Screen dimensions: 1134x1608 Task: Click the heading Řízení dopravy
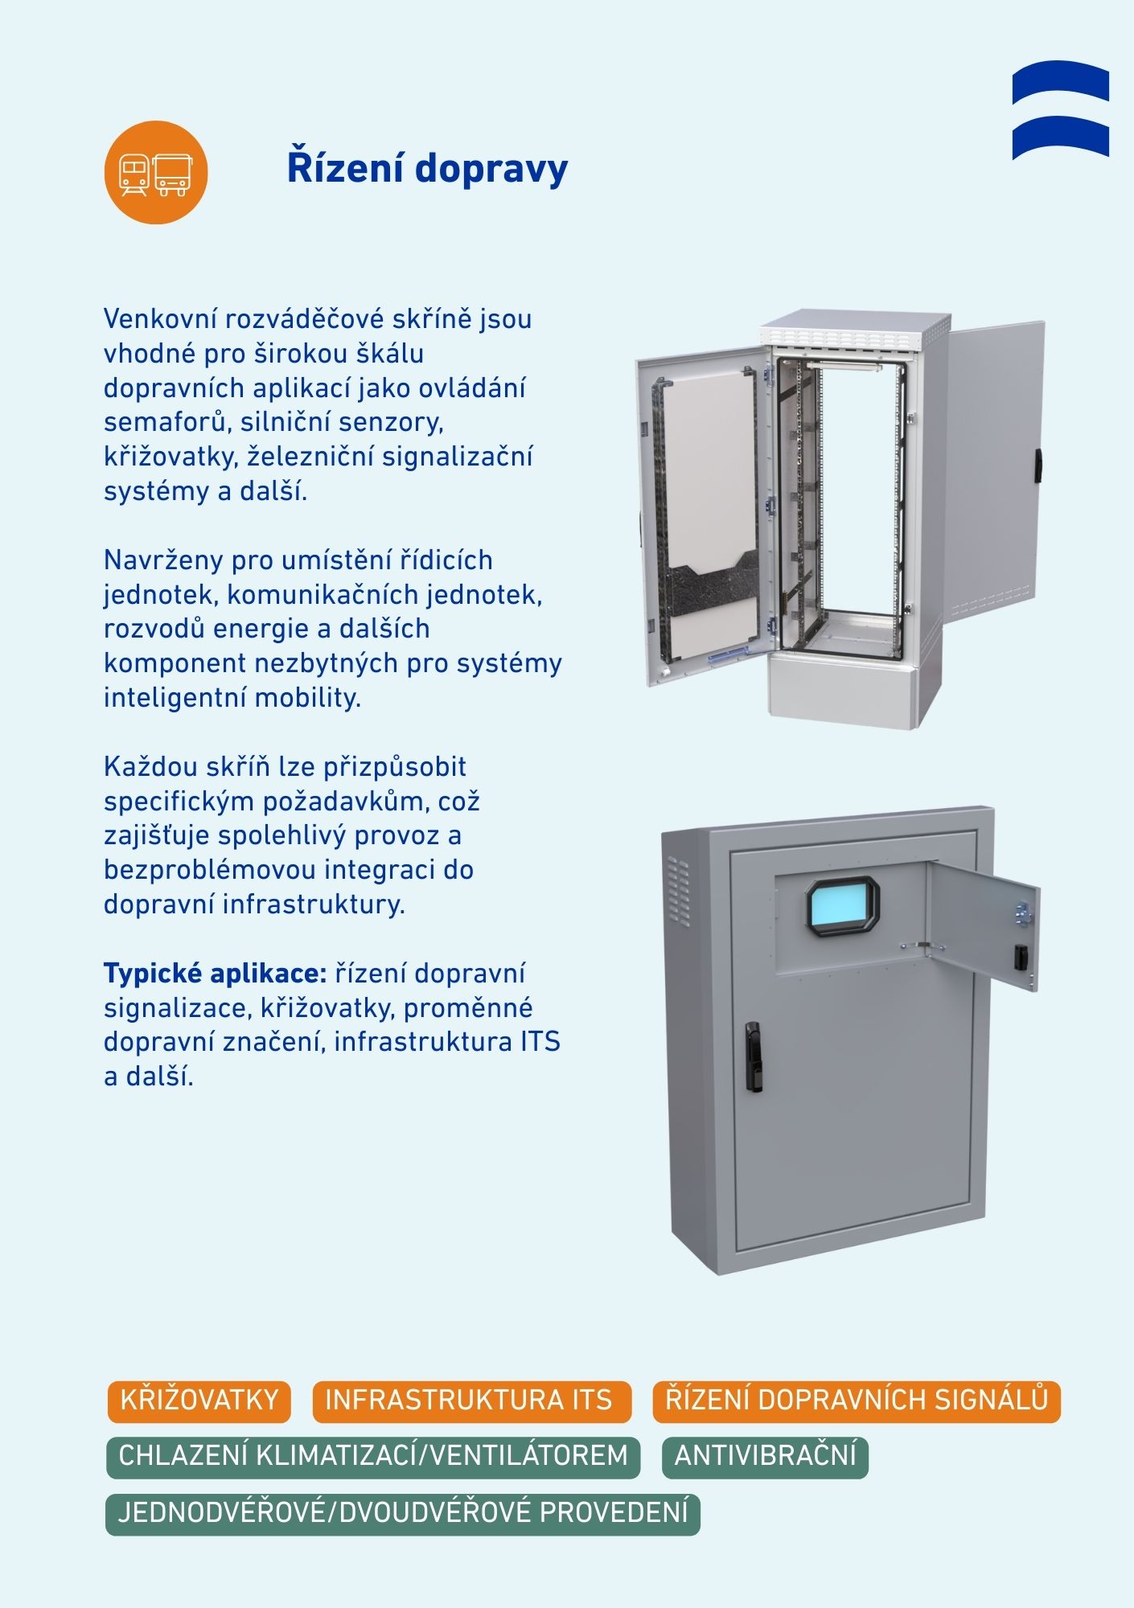427,169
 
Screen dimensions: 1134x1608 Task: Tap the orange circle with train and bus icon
156,172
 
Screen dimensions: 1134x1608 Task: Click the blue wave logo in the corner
1061,110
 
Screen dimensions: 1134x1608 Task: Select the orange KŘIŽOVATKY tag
199,1401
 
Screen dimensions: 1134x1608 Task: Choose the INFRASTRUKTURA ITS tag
471,1401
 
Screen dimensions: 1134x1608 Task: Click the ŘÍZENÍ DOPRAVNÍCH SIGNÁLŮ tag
857,1401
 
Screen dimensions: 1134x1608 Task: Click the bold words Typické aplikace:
215,974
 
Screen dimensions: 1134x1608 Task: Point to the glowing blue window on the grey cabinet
842,908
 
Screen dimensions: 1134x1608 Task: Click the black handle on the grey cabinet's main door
753,1056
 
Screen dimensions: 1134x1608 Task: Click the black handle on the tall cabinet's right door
1038,466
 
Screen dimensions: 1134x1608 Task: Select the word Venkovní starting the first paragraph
160,319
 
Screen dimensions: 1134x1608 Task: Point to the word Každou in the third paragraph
150,767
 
